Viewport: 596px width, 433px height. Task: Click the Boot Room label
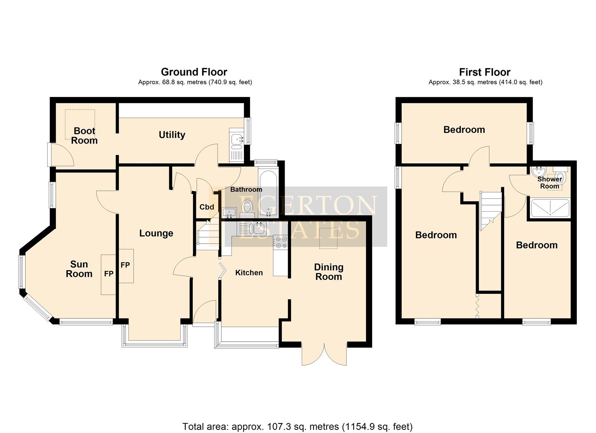click(84, 136)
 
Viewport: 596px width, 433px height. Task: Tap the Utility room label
click(172, 135)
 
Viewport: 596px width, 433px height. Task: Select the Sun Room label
click(79, 269)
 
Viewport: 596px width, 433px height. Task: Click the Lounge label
click(156, 233)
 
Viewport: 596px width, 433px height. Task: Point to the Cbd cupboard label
click(207, 207)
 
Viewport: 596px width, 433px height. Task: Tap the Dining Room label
click(328, 272)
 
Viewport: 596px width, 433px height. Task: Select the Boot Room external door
click(60, 155)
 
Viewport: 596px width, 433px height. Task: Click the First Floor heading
click(484, 72)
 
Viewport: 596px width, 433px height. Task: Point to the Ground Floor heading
click(194, 72)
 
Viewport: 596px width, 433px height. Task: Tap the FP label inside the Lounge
click(125, 265)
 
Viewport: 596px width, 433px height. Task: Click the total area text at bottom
click(297, 427)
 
